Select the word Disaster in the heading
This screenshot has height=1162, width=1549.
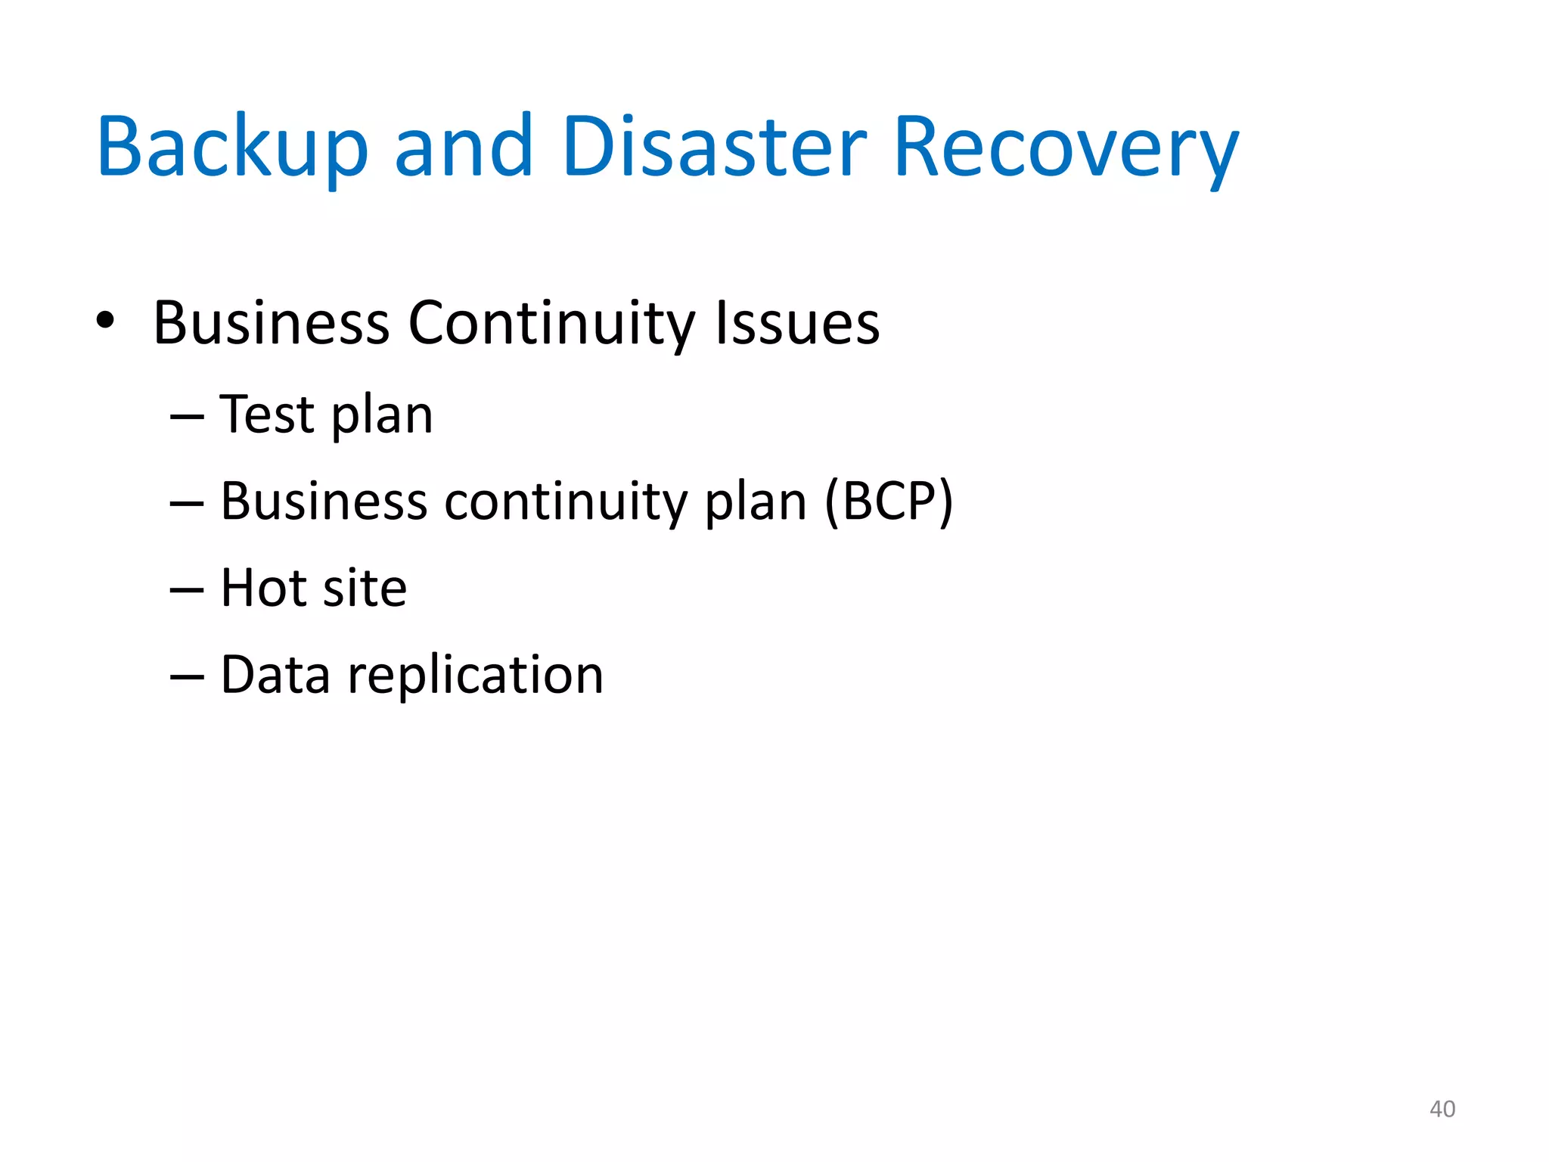[714, 147]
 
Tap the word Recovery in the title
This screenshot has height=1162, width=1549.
[1066, 147]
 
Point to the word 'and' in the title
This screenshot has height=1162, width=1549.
[464, 147]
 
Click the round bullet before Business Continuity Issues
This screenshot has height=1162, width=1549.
[105, 321]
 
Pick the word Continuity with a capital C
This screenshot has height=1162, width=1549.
[551, 324]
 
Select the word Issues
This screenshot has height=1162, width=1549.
[797, 324]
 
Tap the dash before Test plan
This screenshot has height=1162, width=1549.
[187, 417]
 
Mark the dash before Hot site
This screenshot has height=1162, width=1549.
[187, 590]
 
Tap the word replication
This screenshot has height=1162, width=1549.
[475, 676]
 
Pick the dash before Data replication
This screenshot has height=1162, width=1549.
[187, 676]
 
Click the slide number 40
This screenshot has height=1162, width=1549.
[1442, 1109]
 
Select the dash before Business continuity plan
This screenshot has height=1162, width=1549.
[187, 504]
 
